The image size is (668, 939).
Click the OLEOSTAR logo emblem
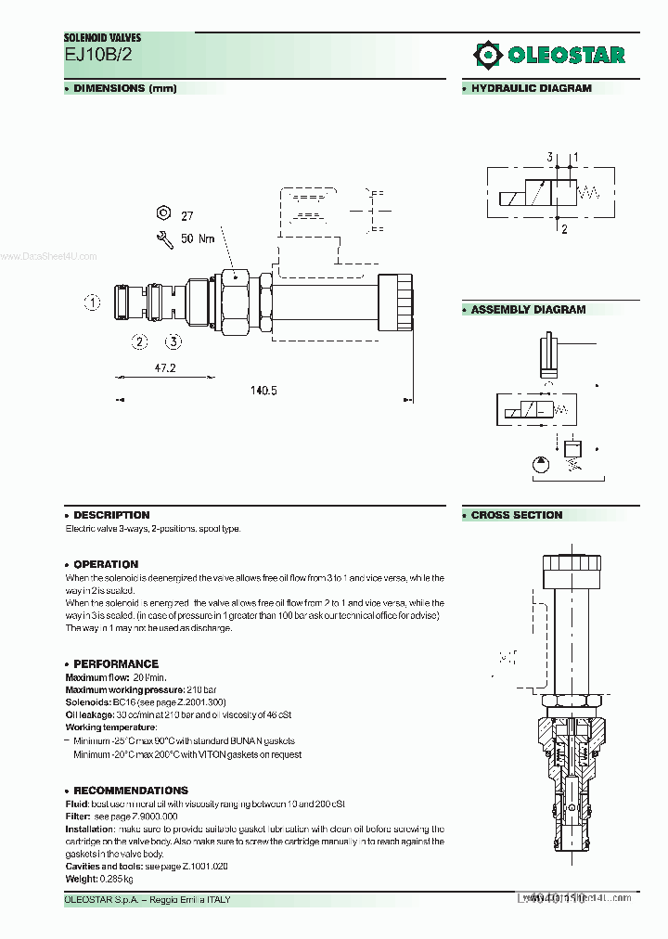tap(487, 55)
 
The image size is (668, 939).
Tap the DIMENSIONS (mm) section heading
tap(124, 89)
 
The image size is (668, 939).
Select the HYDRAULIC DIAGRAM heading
tap(531, 89)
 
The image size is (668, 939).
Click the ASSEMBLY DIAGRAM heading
tap(528, 310)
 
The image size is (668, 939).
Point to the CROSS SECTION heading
tap(516, 515)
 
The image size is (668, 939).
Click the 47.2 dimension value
tap(164, 368)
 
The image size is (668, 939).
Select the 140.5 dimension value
tap(263, 391)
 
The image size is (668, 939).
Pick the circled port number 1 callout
tap(92, 302)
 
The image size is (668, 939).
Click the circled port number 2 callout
tap(140, 341)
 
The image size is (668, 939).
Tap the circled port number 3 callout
tap(173, 341)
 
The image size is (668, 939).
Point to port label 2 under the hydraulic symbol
tap(564, 229)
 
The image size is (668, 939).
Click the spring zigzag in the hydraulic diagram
tap(591, 193)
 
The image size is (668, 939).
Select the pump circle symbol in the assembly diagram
tap(541, 465)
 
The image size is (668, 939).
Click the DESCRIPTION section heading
tap(111, 515)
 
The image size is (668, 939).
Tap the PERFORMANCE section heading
tap(116, 663)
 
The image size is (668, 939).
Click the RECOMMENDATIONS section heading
tap(130, 791)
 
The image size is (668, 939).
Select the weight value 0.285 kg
tap(115, 878)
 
